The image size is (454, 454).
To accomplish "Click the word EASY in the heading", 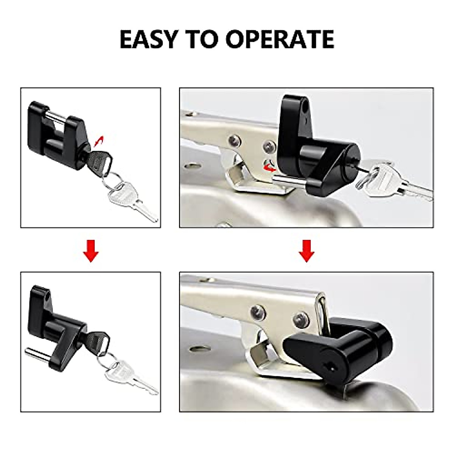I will tap(148, 39).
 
